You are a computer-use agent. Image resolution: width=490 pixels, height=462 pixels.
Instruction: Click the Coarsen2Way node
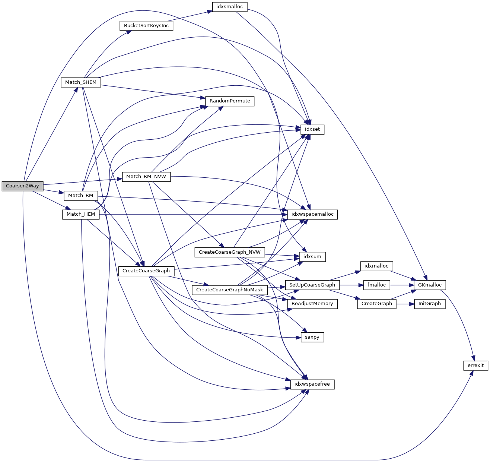(22, 186)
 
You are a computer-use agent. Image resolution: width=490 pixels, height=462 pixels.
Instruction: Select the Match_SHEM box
(81, 82)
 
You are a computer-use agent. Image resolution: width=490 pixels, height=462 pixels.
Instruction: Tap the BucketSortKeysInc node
(146, 26)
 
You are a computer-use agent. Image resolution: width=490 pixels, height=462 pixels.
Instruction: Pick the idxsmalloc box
(229, 7)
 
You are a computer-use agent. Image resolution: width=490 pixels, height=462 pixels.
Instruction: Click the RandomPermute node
(230, 101)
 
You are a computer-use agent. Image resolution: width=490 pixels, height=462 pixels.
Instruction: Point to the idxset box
(312, 129)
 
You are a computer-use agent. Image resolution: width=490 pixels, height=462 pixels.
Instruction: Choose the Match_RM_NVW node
(146, 177)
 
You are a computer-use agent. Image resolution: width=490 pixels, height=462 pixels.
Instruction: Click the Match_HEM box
(81, 214)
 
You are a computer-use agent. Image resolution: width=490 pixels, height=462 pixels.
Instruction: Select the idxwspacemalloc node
(312, 214)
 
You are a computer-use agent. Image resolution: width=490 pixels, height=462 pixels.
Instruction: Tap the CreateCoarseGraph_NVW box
(230, 252)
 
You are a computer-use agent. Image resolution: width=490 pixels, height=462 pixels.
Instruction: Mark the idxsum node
(312, 257)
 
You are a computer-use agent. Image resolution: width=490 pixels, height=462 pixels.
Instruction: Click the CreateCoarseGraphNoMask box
(230, 289)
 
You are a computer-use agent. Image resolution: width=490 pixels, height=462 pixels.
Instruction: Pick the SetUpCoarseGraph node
(312, 285)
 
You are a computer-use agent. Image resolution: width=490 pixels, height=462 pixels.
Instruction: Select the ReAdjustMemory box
(312, 304)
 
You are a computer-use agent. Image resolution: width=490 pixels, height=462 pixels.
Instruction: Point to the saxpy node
(312, 337)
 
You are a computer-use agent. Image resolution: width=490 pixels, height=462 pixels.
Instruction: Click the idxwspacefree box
(312, 384)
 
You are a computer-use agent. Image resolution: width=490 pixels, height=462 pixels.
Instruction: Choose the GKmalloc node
(430, 285)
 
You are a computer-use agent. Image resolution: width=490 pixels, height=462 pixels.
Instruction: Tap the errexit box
(475, 365)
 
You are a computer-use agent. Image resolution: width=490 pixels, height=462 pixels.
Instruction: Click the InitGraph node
(430, 304)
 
